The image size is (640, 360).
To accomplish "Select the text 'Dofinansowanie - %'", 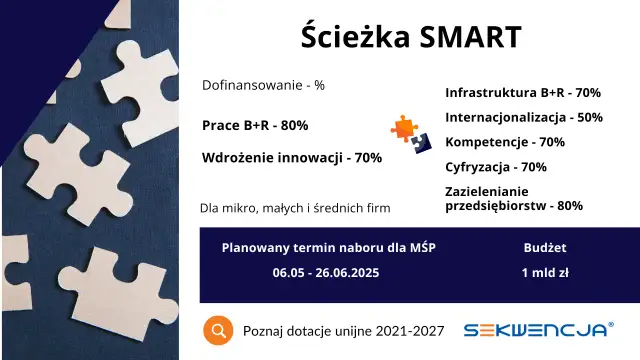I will (263, 85).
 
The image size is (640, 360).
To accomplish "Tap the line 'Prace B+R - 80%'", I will (255, 125).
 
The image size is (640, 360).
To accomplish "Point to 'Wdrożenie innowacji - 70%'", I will (292, 157).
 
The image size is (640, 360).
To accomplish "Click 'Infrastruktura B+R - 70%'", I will (522, 93).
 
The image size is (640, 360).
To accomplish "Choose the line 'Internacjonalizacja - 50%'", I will (523, 117).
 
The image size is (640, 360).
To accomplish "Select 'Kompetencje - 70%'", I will (504, 142).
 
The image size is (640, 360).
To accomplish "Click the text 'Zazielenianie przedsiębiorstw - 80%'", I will (513, 198).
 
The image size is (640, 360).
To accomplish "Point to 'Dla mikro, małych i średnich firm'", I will (295, 208).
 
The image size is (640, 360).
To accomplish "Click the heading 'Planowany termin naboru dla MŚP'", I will (328, 247).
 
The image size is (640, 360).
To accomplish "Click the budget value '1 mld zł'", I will (545, 272).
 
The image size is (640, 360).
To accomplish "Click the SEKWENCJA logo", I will (537, 330).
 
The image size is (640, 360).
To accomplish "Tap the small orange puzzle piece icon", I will (404, 127).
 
